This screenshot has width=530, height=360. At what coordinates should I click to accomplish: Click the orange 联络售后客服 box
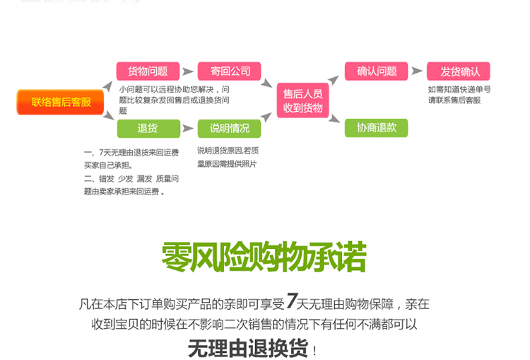(61, 102)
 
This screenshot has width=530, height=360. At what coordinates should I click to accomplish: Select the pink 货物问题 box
(147, 71)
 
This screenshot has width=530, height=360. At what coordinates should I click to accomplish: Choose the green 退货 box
(147, 128)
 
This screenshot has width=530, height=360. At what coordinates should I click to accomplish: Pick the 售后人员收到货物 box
(302, 100)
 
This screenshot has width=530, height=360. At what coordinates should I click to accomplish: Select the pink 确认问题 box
(377, 71)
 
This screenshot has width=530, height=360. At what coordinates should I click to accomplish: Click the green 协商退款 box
(377, 128)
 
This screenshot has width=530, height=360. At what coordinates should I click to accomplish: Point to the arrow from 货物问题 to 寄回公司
(188, 71)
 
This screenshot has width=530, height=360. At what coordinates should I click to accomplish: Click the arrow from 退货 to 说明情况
(188, 128)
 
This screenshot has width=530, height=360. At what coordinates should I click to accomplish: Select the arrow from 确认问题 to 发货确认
(418, 71)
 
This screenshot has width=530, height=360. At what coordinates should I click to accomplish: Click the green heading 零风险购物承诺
(264, 258)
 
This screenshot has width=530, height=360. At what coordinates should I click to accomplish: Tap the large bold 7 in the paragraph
(293, 302)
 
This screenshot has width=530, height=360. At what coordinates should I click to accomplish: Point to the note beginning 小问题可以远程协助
(174, 100)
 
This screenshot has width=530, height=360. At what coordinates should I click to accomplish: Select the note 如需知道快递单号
(459, 95)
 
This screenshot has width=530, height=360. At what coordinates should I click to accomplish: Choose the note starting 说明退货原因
(228, 156)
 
